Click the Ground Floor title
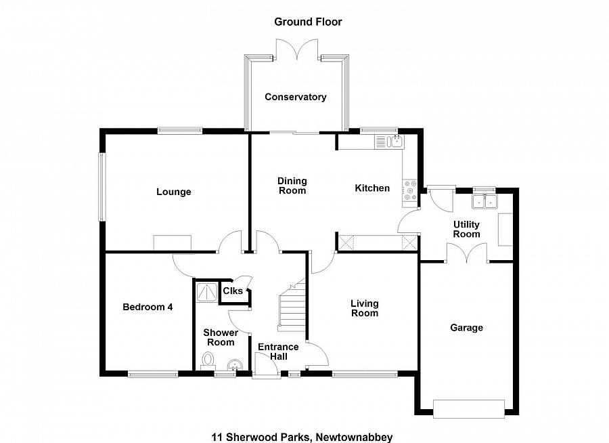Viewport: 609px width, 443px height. [x=308, y=22]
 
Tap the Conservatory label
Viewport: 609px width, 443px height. [x=296, y=97]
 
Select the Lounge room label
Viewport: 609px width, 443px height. [x=174, y=192]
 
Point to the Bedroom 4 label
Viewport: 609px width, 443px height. [x=148, y=307]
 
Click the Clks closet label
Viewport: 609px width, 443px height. [x=233, y=291]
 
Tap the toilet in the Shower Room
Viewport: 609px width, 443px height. [x=208, y=360]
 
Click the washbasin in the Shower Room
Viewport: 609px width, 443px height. [x=235, y=364]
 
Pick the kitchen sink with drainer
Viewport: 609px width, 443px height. [x=389, y=142]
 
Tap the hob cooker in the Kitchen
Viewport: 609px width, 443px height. [x=410, y=190]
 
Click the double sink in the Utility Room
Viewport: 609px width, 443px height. [x=484, y=202]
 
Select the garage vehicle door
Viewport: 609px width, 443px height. [x=469, y=408]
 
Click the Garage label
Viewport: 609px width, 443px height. [x=466, y=327]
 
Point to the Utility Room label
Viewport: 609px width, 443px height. [x=466, y=229]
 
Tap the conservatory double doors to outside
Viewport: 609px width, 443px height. [x=297, y=49]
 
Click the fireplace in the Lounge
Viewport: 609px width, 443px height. [x=173, y=242]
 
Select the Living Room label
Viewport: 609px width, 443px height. [x=364, y=308]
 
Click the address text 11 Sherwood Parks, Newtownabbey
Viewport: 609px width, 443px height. [x=302, y=437]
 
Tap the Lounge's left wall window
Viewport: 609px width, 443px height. [x=101, y=187]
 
